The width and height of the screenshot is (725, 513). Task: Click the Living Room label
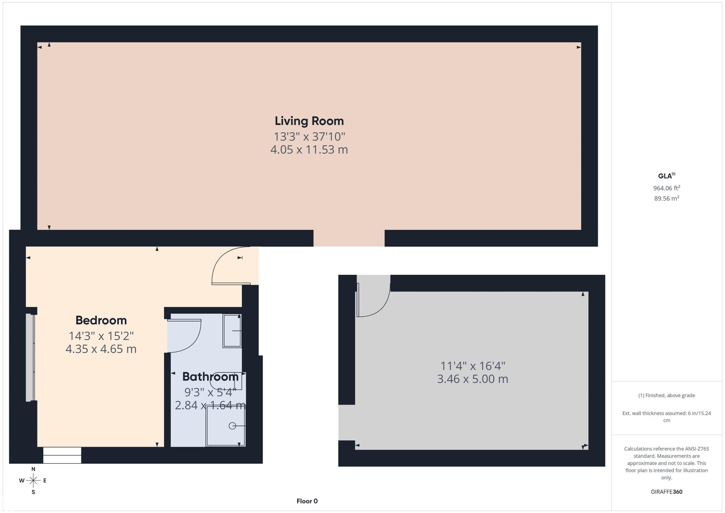[309, 121]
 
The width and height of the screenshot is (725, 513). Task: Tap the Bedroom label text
[101, 320]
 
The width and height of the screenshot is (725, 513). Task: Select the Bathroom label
[210, 376]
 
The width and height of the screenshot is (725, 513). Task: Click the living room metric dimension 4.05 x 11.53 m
[309, 149]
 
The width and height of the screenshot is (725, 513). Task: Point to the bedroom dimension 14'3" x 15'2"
[101, 336]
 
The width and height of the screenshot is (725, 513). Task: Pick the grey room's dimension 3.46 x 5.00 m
[472, 379]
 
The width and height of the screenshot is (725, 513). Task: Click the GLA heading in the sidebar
[666, 176]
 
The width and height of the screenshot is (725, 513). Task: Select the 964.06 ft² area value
[667, 188]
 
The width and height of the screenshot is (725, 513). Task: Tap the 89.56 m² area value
[667, 198]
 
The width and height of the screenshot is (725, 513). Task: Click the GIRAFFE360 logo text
[667, 492]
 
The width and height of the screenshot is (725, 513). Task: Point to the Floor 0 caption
[307, 501]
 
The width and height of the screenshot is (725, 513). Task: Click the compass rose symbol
[33, 481]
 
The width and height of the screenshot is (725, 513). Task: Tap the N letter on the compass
[33, 469]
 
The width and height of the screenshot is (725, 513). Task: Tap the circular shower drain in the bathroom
[233, 426]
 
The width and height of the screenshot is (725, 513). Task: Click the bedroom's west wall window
[30, 357]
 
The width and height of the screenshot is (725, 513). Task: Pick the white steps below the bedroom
[62, 455]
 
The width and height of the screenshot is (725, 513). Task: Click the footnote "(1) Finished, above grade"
[667, 395]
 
